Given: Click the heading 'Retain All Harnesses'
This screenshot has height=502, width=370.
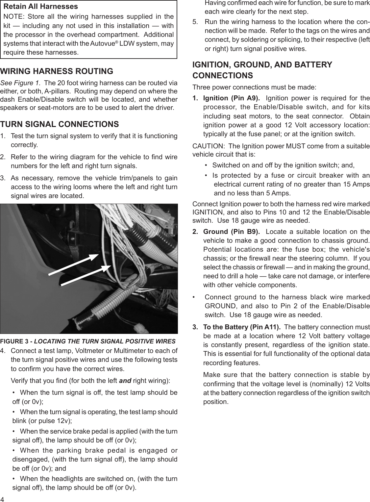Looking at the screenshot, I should [40, 7].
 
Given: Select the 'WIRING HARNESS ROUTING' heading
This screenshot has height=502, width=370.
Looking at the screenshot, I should [57, 71].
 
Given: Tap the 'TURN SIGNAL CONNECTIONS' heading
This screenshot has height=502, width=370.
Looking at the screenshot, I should [60, 124].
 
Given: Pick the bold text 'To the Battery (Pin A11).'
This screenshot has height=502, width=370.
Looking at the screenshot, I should [242, 327].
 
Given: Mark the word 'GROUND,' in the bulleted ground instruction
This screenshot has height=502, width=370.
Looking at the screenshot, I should [219, 306].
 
